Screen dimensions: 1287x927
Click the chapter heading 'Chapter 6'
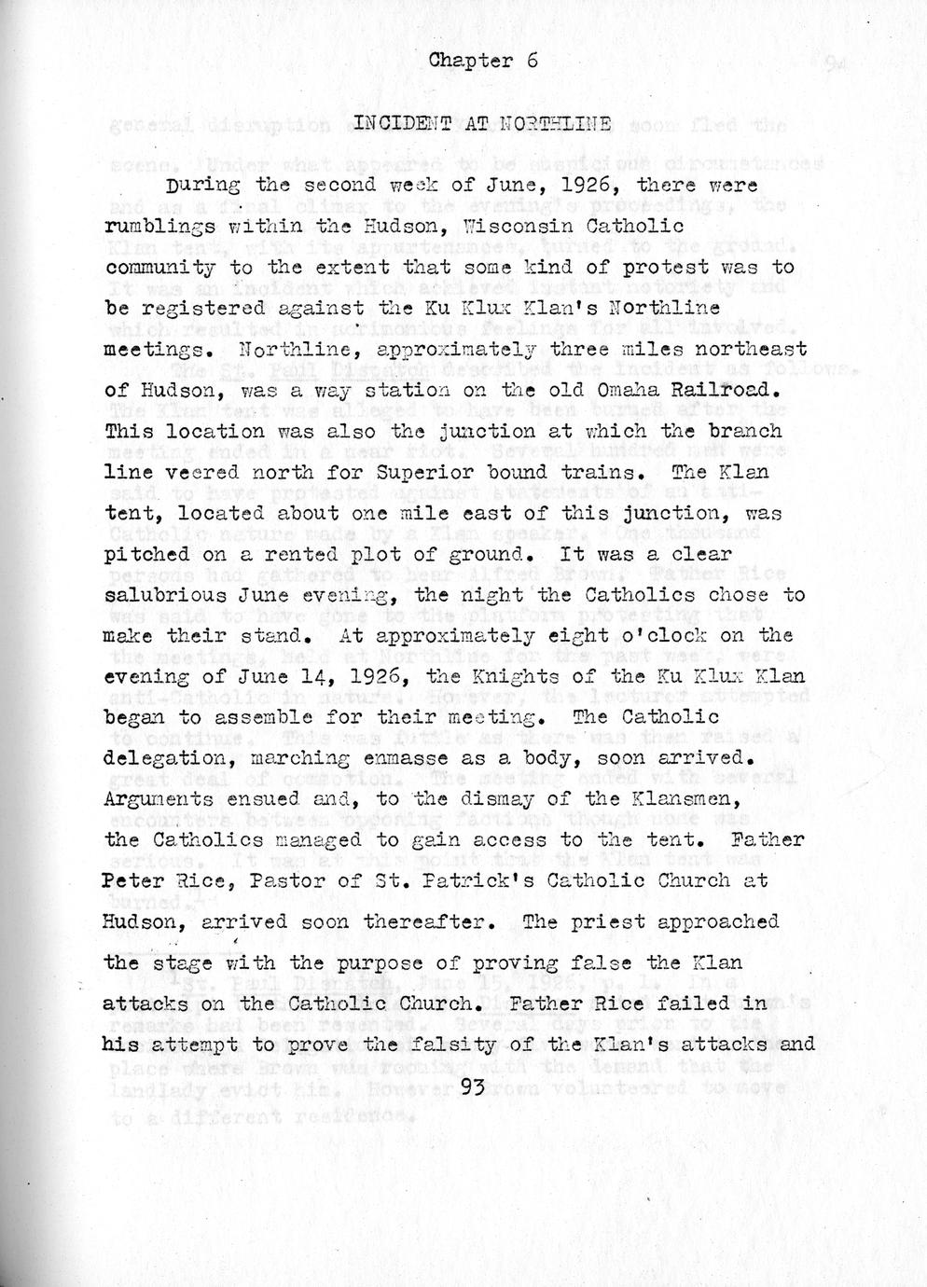483,62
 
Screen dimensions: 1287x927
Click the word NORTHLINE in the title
556,123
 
